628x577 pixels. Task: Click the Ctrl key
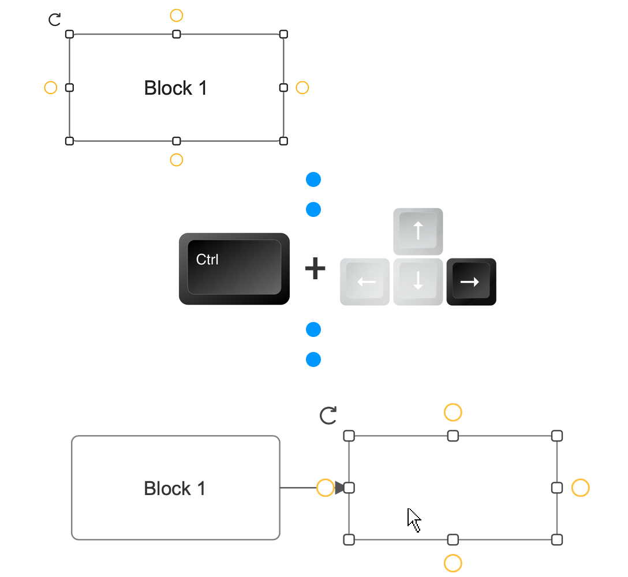click(234, 268)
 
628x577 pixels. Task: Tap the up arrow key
click(418, 231)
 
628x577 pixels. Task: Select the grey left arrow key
click(365, 282)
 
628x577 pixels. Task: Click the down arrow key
click(418, 282)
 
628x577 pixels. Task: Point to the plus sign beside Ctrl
click(315, 269)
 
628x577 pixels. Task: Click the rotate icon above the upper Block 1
click(54, 20)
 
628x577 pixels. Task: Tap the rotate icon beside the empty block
click(328, 415)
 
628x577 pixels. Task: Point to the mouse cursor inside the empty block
click(413, 519)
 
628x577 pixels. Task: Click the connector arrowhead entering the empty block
click(340, 488)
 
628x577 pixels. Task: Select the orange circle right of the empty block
click(580, 488)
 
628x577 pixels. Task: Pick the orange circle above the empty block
click(453, 412)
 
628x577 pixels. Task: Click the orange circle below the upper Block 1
click(177, 160)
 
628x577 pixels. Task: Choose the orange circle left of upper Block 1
click(51, 88)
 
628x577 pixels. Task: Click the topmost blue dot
click(313, 180)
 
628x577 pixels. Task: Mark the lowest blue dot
click(313, 359)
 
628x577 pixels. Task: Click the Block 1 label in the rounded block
click(175, 489)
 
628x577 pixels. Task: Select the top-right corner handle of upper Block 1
click(283, 34)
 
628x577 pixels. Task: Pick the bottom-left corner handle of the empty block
click(349, 539)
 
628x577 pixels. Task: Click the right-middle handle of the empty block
click(557, 488)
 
